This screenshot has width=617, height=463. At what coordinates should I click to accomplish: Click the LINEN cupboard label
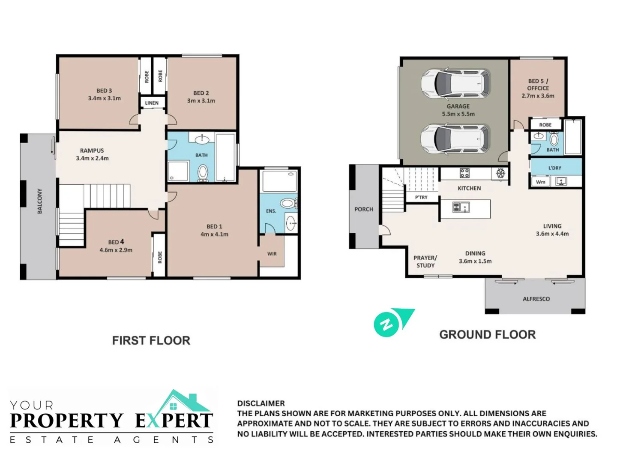pyautogui.click(x=152, y=103)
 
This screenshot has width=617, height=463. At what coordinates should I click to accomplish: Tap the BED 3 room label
pyautogui.click(x=104, y=90)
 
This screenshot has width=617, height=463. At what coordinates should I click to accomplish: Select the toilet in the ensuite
pyautogui.click(x=288, y=203)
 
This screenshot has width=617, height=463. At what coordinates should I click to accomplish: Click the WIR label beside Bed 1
pyautogui.click(x=272, y=253)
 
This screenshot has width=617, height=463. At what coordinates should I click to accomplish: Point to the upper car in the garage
pyautogui.click(x=455, y=83)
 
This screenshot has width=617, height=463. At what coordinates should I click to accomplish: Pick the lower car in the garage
pyautogui.click(x=455, y=138)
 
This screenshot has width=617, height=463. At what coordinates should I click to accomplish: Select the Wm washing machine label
pyautogui.click(x=540, y=182)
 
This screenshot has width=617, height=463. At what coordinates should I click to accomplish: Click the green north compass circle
pyautogui.click(x=386, y=324)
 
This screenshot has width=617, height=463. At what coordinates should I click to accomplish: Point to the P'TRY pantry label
pyautogui.click(x=421, y=197)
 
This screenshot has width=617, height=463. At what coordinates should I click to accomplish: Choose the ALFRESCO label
pyautogui.click(x=536, y=299)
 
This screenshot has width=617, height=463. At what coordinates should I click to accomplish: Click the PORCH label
pyautogui.click(x=363, y=209)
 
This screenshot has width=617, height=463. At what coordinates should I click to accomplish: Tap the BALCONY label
pyautogui.click(x=40, y=201)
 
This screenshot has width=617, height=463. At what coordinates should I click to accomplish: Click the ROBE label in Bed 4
pyautogui.click(x=160, y=257)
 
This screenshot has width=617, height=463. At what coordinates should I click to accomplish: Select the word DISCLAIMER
pyautogui.click(x=261, y=403)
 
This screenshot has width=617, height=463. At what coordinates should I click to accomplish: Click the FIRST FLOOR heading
pyautogui.click(x=151, y=340)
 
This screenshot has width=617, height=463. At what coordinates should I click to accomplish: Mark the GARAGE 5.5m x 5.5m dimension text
pyautogui.click(x=458, y=114)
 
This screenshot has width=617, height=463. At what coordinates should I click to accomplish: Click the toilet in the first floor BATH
pyautogui.click(x=203, y=172)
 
